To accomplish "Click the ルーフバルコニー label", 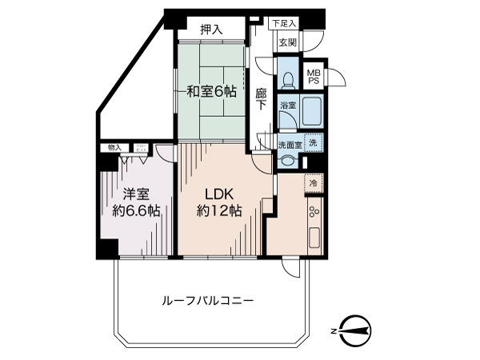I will [x=208, y=302].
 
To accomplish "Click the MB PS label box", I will [x=315, y=75].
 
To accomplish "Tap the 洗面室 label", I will [x=290, y=144].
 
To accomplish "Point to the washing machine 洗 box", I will [x=313, y=143].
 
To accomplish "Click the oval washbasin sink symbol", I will [x=287, y=159].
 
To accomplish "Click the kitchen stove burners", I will [x=313, y=213].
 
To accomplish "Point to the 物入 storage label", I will [x=114, y=148].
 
